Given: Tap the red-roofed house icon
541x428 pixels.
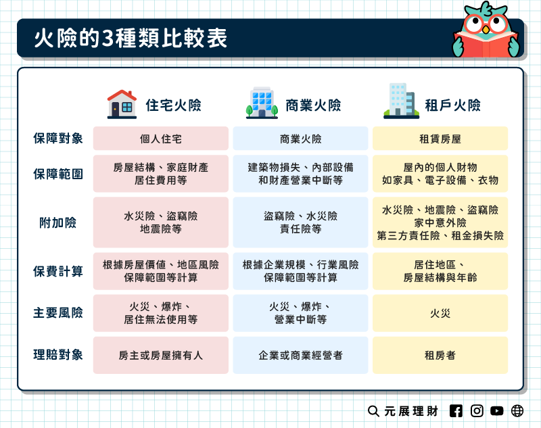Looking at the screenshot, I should (122, 104).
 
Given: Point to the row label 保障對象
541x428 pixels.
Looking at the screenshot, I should (58, 139).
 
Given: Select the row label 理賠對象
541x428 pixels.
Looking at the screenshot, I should (58, 354).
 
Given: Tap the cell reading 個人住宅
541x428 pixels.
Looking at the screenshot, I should (161, 139).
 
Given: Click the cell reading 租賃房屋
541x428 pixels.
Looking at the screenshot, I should (440, 139).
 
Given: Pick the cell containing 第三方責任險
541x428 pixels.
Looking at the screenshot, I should (440, 222).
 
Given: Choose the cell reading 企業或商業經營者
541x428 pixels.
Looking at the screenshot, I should (300, 354).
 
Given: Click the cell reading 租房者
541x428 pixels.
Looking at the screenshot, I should (440, 354).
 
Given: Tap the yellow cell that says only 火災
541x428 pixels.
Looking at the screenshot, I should (440, 313).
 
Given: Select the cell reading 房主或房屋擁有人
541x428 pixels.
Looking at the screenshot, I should (161, 354).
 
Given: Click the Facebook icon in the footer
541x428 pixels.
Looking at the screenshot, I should (456, 410).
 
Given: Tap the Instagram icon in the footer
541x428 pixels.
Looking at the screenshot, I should (477, 410).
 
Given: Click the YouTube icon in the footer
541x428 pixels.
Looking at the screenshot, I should (497, 410).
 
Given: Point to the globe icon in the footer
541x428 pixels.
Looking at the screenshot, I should (517, 410).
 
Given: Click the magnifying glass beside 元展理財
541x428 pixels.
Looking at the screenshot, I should (373, 410).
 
